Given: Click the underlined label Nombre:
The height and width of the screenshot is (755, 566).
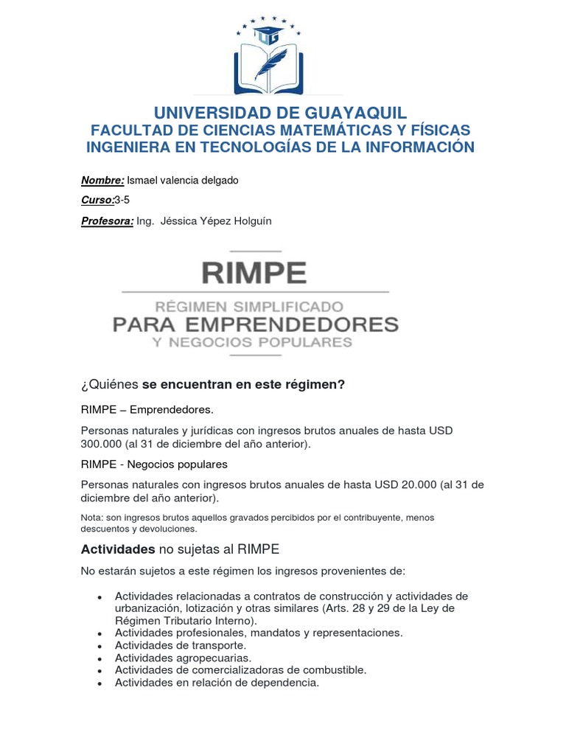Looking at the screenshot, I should (102, 181).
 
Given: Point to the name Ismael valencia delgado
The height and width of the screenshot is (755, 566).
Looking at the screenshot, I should (183, 181).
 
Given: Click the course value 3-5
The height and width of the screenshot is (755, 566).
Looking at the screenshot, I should (122, 201).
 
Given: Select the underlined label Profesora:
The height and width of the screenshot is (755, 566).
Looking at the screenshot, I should (107, 221).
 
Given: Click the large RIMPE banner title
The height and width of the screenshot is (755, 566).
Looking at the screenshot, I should (254, 273).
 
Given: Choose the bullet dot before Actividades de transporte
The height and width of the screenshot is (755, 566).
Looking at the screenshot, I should (99, 645).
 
